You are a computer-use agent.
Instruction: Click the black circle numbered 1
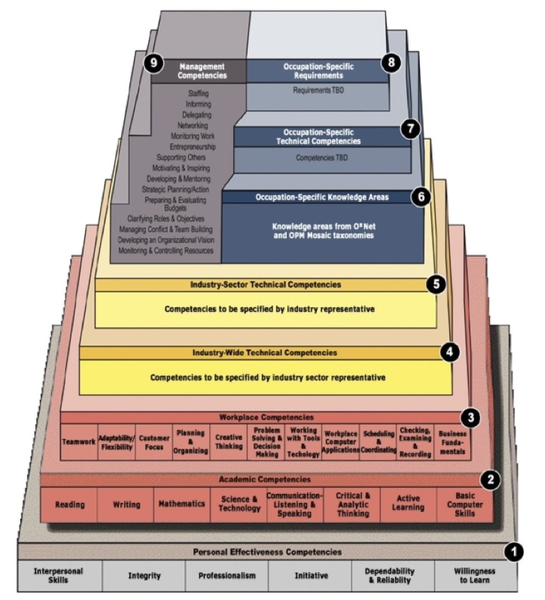click(x=514, y=552)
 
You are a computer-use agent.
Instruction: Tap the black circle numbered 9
click(x=153, y=63)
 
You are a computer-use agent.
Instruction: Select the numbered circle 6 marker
click(x=421, y=196)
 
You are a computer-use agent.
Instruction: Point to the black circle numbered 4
click(x=450, y=352)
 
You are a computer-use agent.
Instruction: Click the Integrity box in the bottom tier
click(x=144, y=576)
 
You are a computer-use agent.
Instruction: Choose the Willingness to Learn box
click(x=474, y=576)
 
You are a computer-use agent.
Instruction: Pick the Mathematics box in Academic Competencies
click(x=182, y=504)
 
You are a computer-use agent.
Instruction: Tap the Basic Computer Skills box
click(x=465, y=504)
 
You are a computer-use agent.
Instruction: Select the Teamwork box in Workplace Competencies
click(x=79, y=442)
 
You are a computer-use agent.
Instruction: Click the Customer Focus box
click(x=154, y=442)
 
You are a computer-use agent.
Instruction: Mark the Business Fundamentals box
click(x=452, y=442)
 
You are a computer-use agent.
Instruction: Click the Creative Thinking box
click(x=229, y=442)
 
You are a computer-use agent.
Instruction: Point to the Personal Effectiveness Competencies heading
click(x=267, y=552)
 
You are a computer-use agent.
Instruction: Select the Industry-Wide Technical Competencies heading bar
click(x=264, y=353)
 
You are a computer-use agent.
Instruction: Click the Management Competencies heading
click(x=202, y=71)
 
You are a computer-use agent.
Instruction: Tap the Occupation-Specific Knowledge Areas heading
click(x=322, y=197)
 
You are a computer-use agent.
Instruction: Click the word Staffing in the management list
click(x=198, y=93)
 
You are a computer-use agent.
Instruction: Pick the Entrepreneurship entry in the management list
click(x=193, y=147)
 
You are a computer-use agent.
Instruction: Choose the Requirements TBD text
click(x=318, y=90)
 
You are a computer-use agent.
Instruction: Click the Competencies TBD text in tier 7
click(x=322, y=158)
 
